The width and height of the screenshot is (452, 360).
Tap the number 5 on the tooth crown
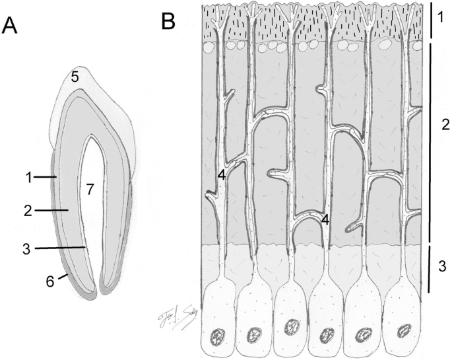coord(75,77)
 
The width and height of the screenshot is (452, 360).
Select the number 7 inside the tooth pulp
coord(90,189)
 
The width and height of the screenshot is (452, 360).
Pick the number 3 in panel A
coord(27,248)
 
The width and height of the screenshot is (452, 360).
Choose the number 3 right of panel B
coord(443,267)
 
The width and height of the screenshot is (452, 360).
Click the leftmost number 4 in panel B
coord(222,175)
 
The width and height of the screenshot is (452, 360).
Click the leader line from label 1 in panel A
coord(45,177)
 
